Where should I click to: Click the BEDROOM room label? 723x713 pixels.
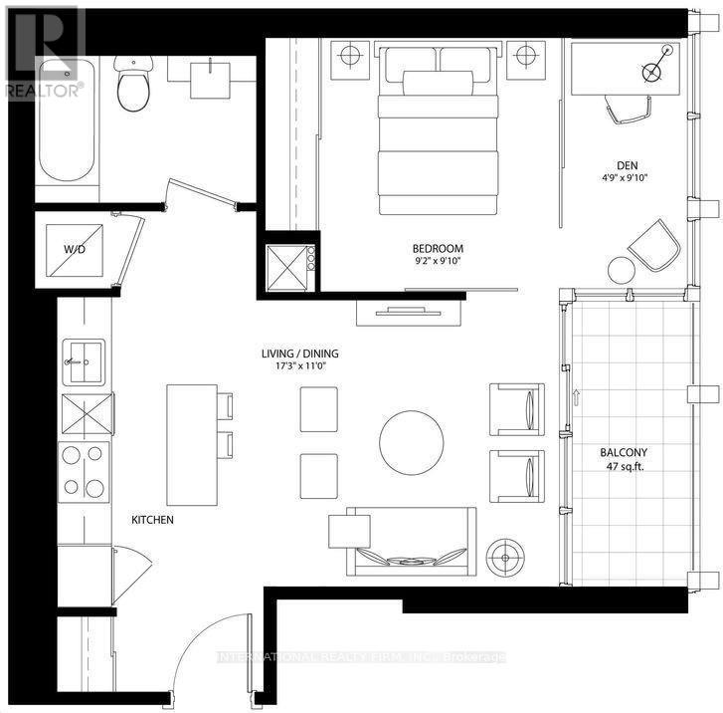[439, 248]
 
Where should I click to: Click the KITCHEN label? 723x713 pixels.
[154, 520]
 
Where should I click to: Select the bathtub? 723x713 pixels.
[66, 119]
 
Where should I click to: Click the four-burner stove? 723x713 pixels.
[85, 471]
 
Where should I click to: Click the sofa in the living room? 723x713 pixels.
[411, 542]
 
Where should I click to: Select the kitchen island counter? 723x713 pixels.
[191, 444]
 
